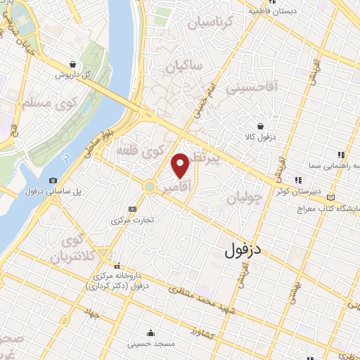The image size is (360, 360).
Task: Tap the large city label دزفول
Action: point(245,250)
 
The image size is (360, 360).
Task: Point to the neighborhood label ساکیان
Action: point(185,67)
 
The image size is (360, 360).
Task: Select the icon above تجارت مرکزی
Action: point(132,209)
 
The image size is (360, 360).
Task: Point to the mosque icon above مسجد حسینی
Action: point(150,333)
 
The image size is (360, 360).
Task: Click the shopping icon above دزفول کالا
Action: point(261,126)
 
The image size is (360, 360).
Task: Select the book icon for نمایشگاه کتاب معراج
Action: point(341,198)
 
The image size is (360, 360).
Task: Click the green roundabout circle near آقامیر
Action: point(150,187)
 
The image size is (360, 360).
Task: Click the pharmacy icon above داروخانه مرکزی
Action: point(117,266)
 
